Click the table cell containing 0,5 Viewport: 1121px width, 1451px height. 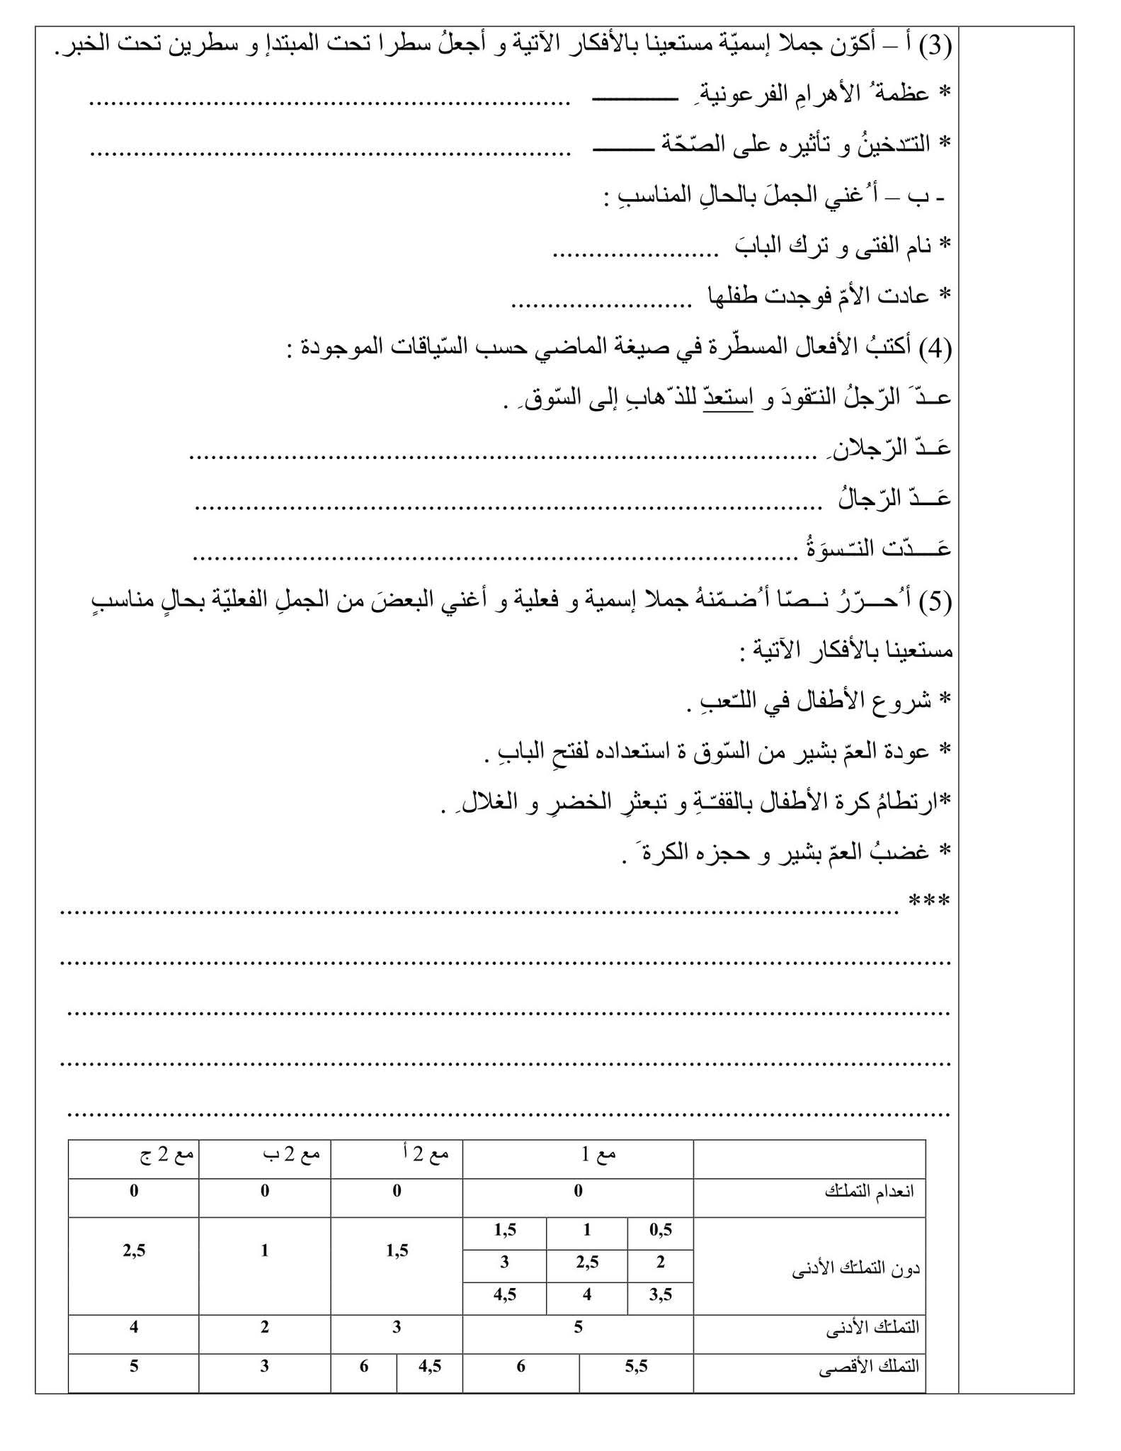pyautogui.click(x=660, y=1231)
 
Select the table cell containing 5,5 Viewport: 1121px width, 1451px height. pyautogui.click(x=636, y=1366)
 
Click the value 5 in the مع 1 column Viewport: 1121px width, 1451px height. pyautogui.click(x=578, y=1327)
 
